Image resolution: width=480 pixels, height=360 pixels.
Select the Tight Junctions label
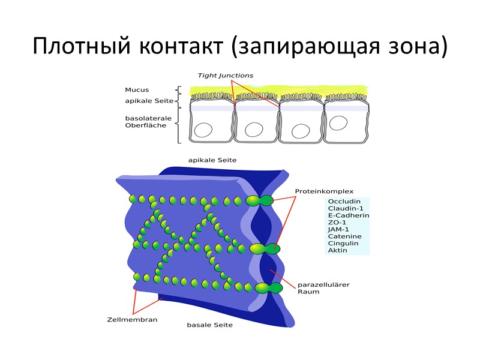pyautogui.click(x=226, y=76)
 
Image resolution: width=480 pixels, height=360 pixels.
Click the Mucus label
pyautogui.click(x=136, y=90)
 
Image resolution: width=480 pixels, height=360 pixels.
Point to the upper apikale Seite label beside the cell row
pyautogui.click(x=145, y=101)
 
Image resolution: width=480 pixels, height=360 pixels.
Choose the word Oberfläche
pyautogui.click(x=145, y=125)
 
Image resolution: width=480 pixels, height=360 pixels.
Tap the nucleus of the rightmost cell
pyautogui.click(x=339, y=124)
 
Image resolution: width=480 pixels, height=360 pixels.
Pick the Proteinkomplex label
pyautogui.click(x=325, y=192)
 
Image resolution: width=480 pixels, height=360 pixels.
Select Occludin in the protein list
pyautogui.click(x=343, y=201)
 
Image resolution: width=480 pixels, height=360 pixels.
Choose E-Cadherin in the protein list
pyautogui.click(x=348, y=215)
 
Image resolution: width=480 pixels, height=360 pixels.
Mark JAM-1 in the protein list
pyautogui.click(x=338, y=229)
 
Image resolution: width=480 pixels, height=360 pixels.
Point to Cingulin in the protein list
pyautogui.click(x=343, y=243)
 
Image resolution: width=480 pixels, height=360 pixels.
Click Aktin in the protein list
pyautogui.click(x=337, y=250)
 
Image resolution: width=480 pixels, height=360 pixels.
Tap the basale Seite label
pyautogui.click(x=209, y=325)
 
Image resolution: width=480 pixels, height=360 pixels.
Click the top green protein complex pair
pyautogui.click(x=260, y=200)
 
